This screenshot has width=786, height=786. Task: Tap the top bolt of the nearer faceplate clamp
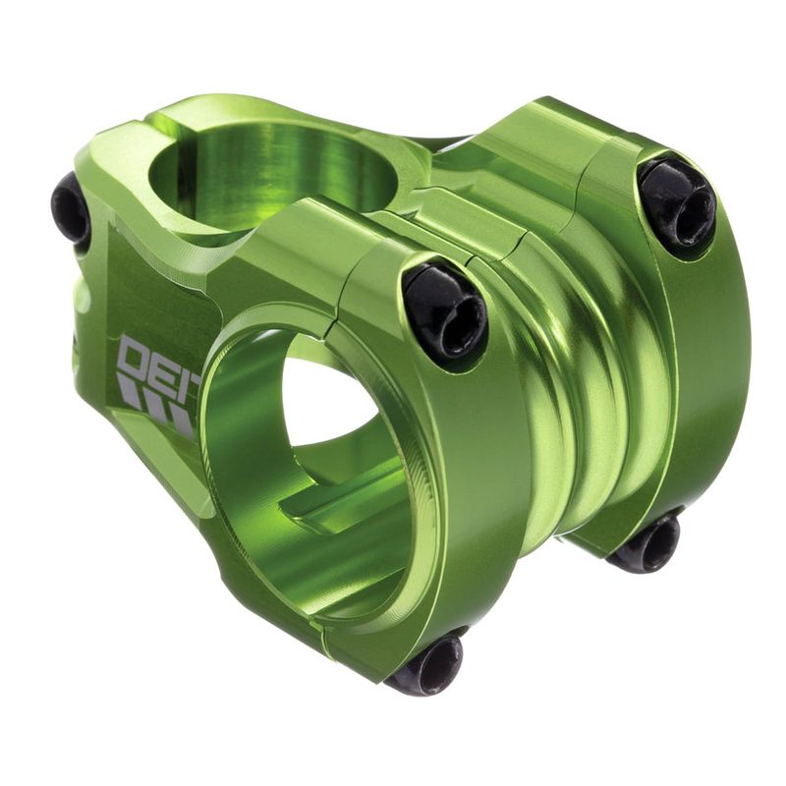(x=445, y=310)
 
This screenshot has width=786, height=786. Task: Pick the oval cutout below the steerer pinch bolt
(x=82, y=295)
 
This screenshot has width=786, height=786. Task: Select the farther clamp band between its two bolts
(x=707, y=373)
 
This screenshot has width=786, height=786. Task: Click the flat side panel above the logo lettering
(x=157, y=295)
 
